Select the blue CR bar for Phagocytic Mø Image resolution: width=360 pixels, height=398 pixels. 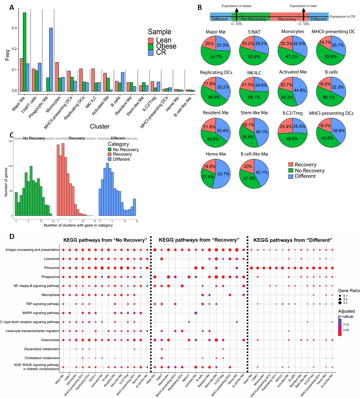[x=51, y=59]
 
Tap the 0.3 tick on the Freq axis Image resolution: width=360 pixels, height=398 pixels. [x=14, y=28]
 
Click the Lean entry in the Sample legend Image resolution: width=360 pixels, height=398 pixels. [x=164, y=40]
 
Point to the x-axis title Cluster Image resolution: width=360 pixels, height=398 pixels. [x=100, y=126]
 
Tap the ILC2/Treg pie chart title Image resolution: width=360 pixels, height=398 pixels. [x=292, y=113]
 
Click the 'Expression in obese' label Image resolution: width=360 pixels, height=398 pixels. [x=236, y=6]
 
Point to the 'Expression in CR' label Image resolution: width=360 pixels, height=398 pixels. [x=342, y=17]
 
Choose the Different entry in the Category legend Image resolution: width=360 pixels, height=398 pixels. [x=121, y=159]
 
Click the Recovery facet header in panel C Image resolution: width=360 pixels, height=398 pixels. [x=76, y=138]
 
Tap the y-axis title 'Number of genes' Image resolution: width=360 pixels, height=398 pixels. [x=6, y=181]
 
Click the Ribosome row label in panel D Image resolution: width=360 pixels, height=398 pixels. [x=52, y=268]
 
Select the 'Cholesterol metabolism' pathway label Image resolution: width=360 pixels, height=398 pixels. [x=42, y=358]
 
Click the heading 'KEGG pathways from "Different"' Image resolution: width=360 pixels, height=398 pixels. [x=292, y=240]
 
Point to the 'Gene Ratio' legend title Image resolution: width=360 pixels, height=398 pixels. [x=348, y=291]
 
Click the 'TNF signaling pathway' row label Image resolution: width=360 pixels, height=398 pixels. [x=42, y=304]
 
